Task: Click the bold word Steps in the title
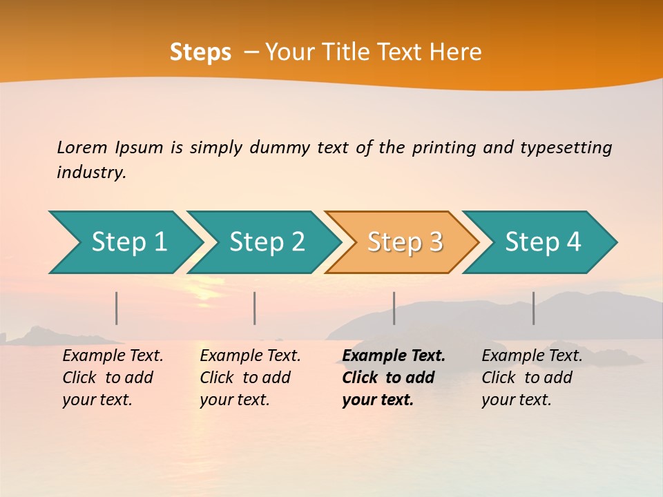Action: click(x=200, y=52)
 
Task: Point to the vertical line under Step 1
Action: click(x=117, y=308)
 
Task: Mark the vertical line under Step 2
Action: click(x=255, y=308)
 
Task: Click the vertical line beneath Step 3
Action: click(x=394, y=308)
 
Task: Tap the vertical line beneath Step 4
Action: click(x=534, y=308)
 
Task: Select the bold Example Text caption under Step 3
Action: click(x=394, y=378)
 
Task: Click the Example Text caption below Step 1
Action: click(x=113, y=378)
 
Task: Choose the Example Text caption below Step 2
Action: click(x=250, y=378)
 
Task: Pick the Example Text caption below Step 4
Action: click(x=532, y=378)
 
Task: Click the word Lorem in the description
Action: click(x=82, y=148)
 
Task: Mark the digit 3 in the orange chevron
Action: click(x=435, y=242)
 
